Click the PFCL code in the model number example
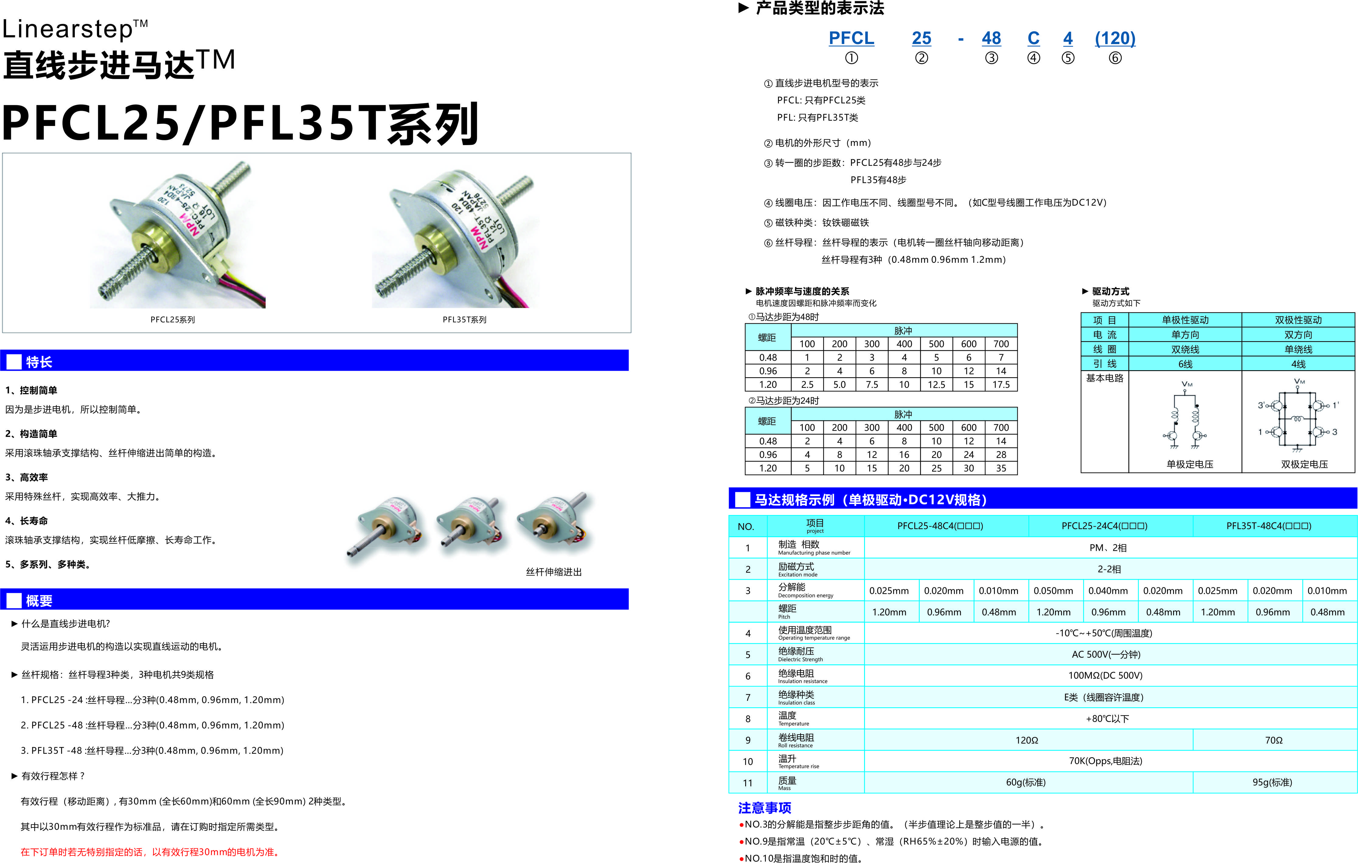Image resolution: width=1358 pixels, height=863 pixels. (851, 38)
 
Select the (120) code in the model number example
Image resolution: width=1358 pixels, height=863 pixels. (1115, 38)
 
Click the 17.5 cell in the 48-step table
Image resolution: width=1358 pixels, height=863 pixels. (1001, 385)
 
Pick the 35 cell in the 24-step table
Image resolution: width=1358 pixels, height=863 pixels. (1001, 468)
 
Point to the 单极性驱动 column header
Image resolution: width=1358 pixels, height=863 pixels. (1185, 320)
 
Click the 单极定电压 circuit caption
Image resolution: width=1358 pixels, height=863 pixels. (1190, 464)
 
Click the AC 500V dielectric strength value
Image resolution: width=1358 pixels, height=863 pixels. (1105, 654)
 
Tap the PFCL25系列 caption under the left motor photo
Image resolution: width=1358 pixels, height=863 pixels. (172, 320)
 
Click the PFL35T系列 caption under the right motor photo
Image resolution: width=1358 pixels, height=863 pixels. (464, 320)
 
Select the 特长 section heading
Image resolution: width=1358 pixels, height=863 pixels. (39, 362)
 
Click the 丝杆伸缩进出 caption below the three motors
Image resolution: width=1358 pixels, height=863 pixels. (553, 572)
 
